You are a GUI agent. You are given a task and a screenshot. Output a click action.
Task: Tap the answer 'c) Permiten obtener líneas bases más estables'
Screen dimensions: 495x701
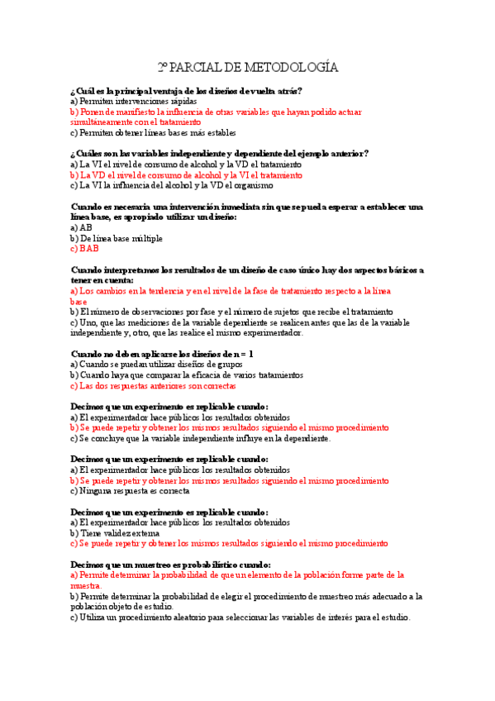click(153, 132)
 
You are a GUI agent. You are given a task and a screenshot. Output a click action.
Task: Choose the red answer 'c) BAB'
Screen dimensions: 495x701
click(84, 248)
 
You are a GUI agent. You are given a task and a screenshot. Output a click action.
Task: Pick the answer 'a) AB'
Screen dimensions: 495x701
click(81, 227)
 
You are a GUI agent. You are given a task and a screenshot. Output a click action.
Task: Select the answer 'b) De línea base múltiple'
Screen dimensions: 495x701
click(117, 238)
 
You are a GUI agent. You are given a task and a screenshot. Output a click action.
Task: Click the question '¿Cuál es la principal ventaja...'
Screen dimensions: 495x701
click(187, 91)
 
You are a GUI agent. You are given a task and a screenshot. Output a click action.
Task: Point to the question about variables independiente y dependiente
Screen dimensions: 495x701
click(220, 153)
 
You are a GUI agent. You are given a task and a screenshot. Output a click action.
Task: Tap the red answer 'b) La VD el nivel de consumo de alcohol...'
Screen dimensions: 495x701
click(186, 175)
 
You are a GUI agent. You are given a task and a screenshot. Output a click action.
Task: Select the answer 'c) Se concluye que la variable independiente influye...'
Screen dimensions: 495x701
click(201, 438)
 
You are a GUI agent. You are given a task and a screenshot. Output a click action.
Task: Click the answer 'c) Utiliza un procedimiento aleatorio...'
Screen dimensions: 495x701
click(240, 617)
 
